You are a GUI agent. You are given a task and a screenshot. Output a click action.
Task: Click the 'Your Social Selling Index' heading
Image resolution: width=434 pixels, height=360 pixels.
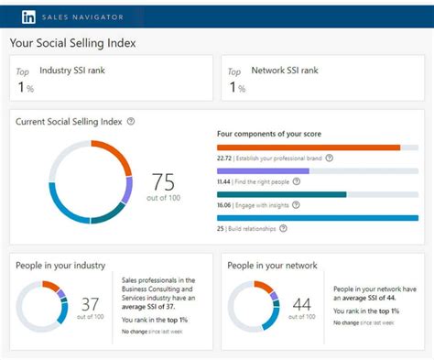coord(72,43)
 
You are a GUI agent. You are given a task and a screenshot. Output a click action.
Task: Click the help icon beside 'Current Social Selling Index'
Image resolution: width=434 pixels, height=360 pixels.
coord(131,122)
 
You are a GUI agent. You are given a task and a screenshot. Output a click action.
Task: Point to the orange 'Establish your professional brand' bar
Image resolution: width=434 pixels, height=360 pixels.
coord(309,147)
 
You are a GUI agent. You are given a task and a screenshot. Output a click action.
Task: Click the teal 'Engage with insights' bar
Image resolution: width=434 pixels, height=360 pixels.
coord(281,194)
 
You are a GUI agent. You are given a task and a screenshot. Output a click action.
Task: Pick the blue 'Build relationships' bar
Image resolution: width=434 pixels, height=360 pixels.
coord(317,218)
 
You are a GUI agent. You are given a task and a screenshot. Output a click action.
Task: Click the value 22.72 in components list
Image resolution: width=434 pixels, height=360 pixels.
coord(224,158)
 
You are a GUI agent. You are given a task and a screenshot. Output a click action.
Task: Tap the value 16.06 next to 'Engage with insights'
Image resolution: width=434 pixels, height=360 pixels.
coord(224,205)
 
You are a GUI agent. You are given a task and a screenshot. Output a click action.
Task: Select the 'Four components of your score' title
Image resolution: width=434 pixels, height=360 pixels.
coord(268,134)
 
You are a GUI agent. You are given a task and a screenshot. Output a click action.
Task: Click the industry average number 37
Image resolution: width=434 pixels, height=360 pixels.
coord(90,303)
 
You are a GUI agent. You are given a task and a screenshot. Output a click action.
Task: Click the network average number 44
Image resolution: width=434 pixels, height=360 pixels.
coord(301,303)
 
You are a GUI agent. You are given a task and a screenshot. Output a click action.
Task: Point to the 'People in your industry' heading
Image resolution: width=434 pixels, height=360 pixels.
coord(60,265)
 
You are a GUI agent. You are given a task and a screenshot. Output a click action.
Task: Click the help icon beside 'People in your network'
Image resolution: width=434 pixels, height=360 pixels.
coord(325,265)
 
